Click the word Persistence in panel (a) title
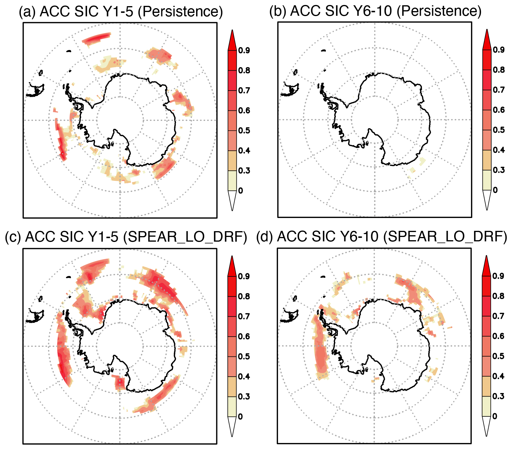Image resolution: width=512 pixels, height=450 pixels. tap(180, 12)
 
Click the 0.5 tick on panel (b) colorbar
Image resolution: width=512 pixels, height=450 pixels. tap(499, 130)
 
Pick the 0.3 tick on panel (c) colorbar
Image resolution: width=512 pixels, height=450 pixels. tap(244, 397)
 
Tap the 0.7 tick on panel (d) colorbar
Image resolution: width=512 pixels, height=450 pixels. tap(498, 316)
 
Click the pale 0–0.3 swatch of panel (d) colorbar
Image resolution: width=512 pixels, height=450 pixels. tap(487, 406)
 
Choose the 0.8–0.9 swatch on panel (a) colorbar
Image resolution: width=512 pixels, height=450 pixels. tap(232, 60)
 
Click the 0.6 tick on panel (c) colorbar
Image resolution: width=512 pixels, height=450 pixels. tap(244, 336)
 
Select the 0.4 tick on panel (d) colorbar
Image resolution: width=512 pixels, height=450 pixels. tap(498, 376)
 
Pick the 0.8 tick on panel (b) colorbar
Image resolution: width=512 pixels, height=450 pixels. tap(499, 70)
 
